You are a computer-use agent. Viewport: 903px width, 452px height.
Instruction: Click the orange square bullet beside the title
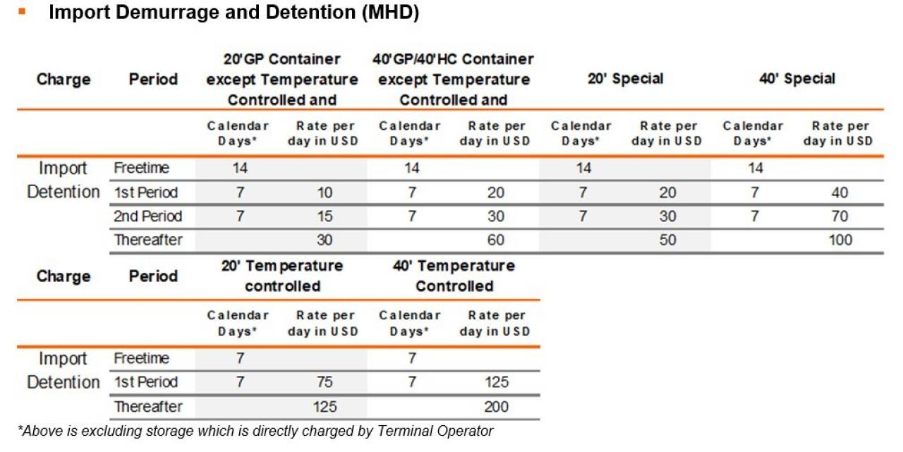[22, 12]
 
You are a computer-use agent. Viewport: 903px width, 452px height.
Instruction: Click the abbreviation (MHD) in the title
[390, 12]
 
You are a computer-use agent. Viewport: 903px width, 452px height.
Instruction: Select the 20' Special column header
[625, 78]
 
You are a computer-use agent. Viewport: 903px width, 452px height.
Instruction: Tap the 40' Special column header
[797, 78]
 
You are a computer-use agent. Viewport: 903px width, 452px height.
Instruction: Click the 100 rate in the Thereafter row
[840, 240]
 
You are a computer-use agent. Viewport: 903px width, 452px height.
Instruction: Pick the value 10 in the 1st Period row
[325, 193]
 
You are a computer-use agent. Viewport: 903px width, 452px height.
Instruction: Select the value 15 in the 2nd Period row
[325, 216]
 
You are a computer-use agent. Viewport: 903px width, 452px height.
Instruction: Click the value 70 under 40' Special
[840, 216]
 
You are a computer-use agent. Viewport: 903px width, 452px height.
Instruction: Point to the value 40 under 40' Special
[840, 193]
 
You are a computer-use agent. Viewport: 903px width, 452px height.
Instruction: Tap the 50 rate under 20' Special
[667, 240]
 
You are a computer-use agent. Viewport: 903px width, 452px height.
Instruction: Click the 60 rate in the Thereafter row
[496, 240]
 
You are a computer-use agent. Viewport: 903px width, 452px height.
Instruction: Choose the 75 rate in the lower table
[325, 382]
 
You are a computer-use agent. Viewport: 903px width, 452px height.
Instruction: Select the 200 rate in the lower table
[496, 407]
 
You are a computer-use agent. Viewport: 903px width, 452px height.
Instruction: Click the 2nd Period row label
[148, 216]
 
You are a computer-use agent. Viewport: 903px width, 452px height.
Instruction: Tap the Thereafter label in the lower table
[148, 407]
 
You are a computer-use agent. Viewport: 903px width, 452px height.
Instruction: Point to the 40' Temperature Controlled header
[454, 276]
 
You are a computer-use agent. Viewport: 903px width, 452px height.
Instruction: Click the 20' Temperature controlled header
[282, 276]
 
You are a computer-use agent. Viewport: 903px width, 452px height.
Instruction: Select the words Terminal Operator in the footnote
[435, 431]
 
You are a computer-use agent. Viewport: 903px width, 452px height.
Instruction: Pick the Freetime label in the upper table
[142, 168]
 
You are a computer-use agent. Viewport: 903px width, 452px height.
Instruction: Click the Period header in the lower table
[153, 276]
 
